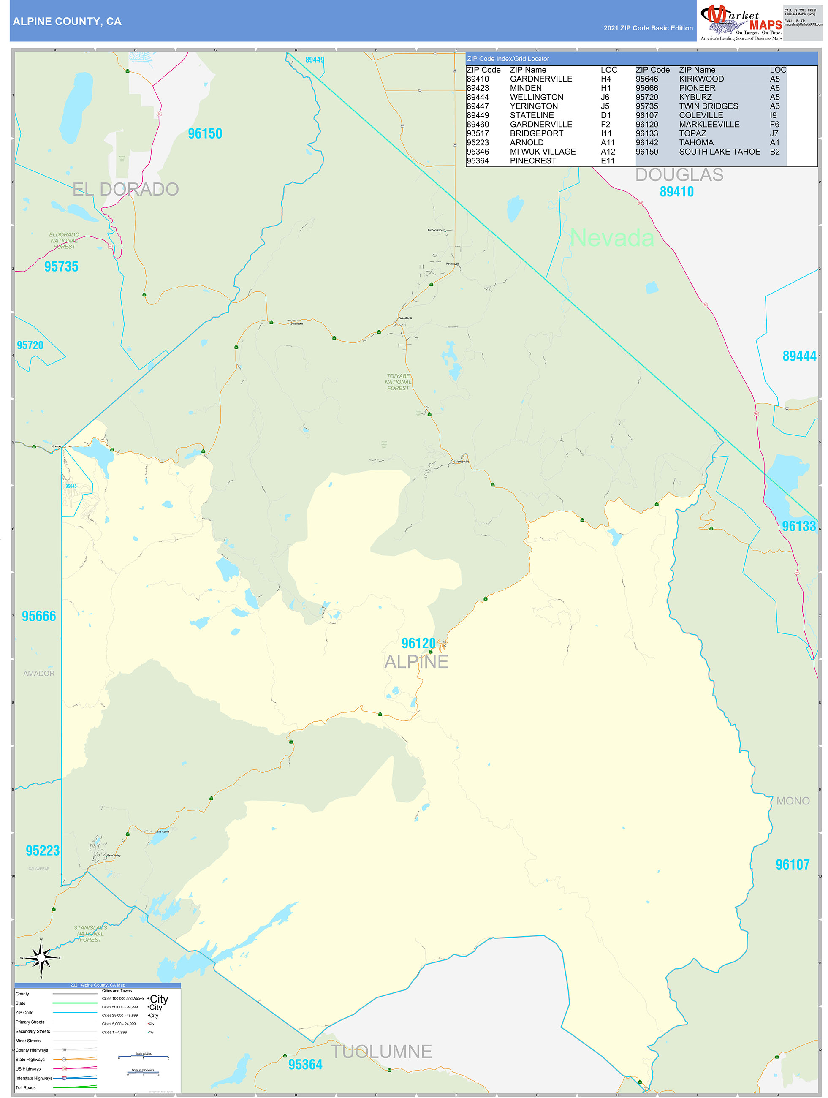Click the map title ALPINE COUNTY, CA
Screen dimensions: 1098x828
click(67, 22)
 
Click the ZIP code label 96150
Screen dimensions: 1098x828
click(205, 133)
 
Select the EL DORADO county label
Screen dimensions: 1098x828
click(125, 189)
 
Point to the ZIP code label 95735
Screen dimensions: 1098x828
click(62, 266)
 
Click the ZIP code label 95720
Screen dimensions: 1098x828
click(30, 345)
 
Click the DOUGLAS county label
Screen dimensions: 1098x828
click(679, 175)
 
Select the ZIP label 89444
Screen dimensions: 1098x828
click(799, 356)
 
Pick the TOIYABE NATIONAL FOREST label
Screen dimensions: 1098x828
click(398, 382)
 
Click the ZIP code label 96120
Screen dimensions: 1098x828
click(418, 643)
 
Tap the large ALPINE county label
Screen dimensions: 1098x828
click(416, 662)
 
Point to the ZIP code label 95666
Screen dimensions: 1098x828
click(39, 616)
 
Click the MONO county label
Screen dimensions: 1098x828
click(793, 801)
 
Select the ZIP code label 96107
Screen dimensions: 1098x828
click(792, 865)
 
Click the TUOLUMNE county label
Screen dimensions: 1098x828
click(381, 1052)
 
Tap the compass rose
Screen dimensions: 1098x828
click(41, 957)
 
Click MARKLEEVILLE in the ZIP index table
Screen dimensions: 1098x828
click(709, 125)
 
